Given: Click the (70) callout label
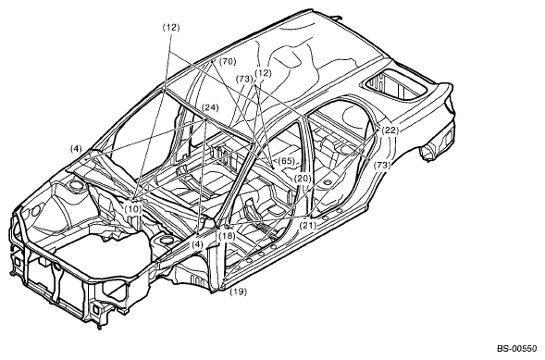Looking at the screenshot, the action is click(x=228, y=61).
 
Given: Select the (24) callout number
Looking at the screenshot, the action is click(x=211, y=107).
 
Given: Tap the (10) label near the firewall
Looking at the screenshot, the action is click(x=133, y=209).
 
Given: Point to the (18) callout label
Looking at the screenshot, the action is click(x=227, y=236).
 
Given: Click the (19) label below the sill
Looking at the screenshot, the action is click(x=239, y=292).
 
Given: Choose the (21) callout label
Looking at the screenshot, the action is click(x=308, y=225).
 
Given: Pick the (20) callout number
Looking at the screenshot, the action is click(x=303, y=179).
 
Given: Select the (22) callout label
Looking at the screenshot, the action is click(x=390, y=130).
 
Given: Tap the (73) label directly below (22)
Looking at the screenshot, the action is click(x=382, y=166).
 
